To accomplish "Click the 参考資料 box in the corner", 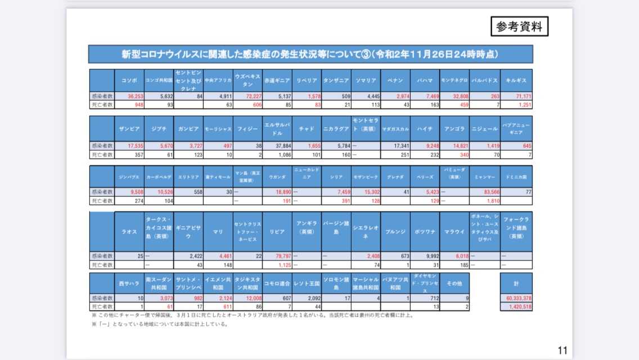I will pyautogui.click(x=519, y=26).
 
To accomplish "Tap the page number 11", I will pyautogui.click(x=562, y=350).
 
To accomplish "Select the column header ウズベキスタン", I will pyautogui.click(x=247, y=80).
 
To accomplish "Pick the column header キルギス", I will pyautogui.click(x=517, y=80).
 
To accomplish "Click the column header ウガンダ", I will pyautogui.click(x=276, y=177).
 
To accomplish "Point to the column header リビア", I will pyautogui.click(x=276, y=231).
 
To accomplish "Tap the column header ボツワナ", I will pyautogui.click(x=425, y=231).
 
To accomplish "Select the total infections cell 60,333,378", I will pyautogui.click(x=516, y=299).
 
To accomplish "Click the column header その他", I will pyautogui.click(x=454, y=283).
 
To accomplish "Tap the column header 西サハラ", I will pyautogui.click(x=129, y=283).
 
